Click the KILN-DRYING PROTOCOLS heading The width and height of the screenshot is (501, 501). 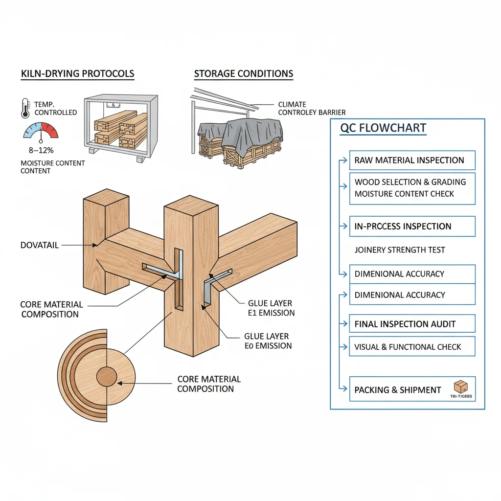point(77,74)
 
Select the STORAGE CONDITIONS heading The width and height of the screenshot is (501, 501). point(244,74)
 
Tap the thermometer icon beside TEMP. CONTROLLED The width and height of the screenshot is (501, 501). point(25,108)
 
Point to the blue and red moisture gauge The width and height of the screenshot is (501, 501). point(41,131)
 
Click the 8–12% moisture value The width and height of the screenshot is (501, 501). point(41,151)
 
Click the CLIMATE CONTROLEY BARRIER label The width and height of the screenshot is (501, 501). point(312,108)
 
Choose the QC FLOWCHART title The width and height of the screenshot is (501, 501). point(383,128)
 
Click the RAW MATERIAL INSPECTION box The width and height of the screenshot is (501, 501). point(412,160)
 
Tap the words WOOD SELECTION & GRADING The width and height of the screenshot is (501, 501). point(410,182)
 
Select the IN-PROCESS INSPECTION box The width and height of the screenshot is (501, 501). point(412,227)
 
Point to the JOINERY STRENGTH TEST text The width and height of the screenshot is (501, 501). point(400,250)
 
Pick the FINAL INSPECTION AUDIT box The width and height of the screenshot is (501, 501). point(412,324)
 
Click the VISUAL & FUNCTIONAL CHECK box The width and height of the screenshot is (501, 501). point(412,347)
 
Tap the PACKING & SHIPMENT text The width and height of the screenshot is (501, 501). point(398,390)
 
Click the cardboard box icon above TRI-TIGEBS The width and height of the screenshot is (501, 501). point(461,386)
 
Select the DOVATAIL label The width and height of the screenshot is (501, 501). point(40,245)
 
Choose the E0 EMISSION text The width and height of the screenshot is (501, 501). point(268,346)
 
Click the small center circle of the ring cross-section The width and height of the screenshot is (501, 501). point(107,377)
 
